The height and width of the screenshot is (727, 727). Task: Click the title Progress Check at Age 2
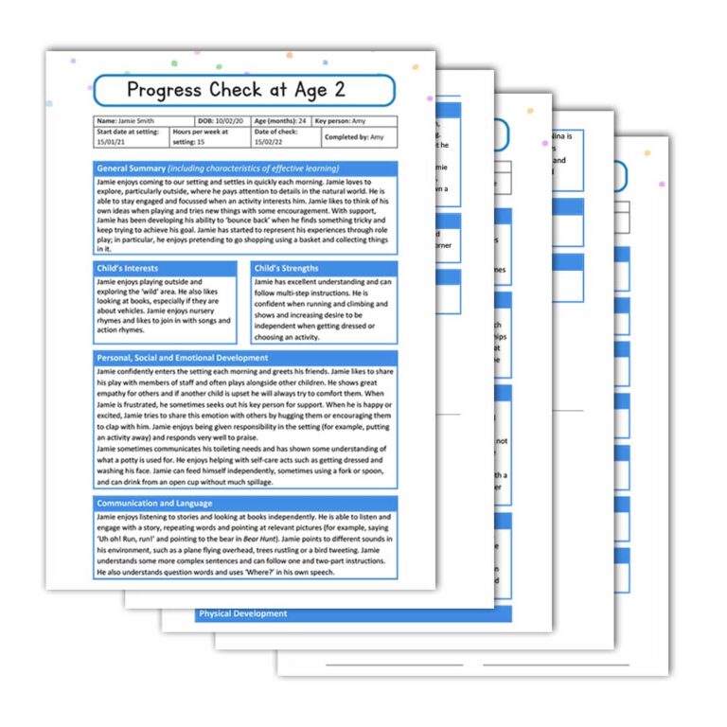tap(244, 90)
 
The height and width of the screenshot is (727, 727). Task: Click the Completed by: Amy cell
tap(354, 136)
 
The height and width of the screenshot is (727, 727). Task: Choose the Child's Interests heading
tap(129, 268)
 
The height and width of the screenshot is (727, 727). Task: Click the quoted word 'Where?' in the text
tap(234, 573)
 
